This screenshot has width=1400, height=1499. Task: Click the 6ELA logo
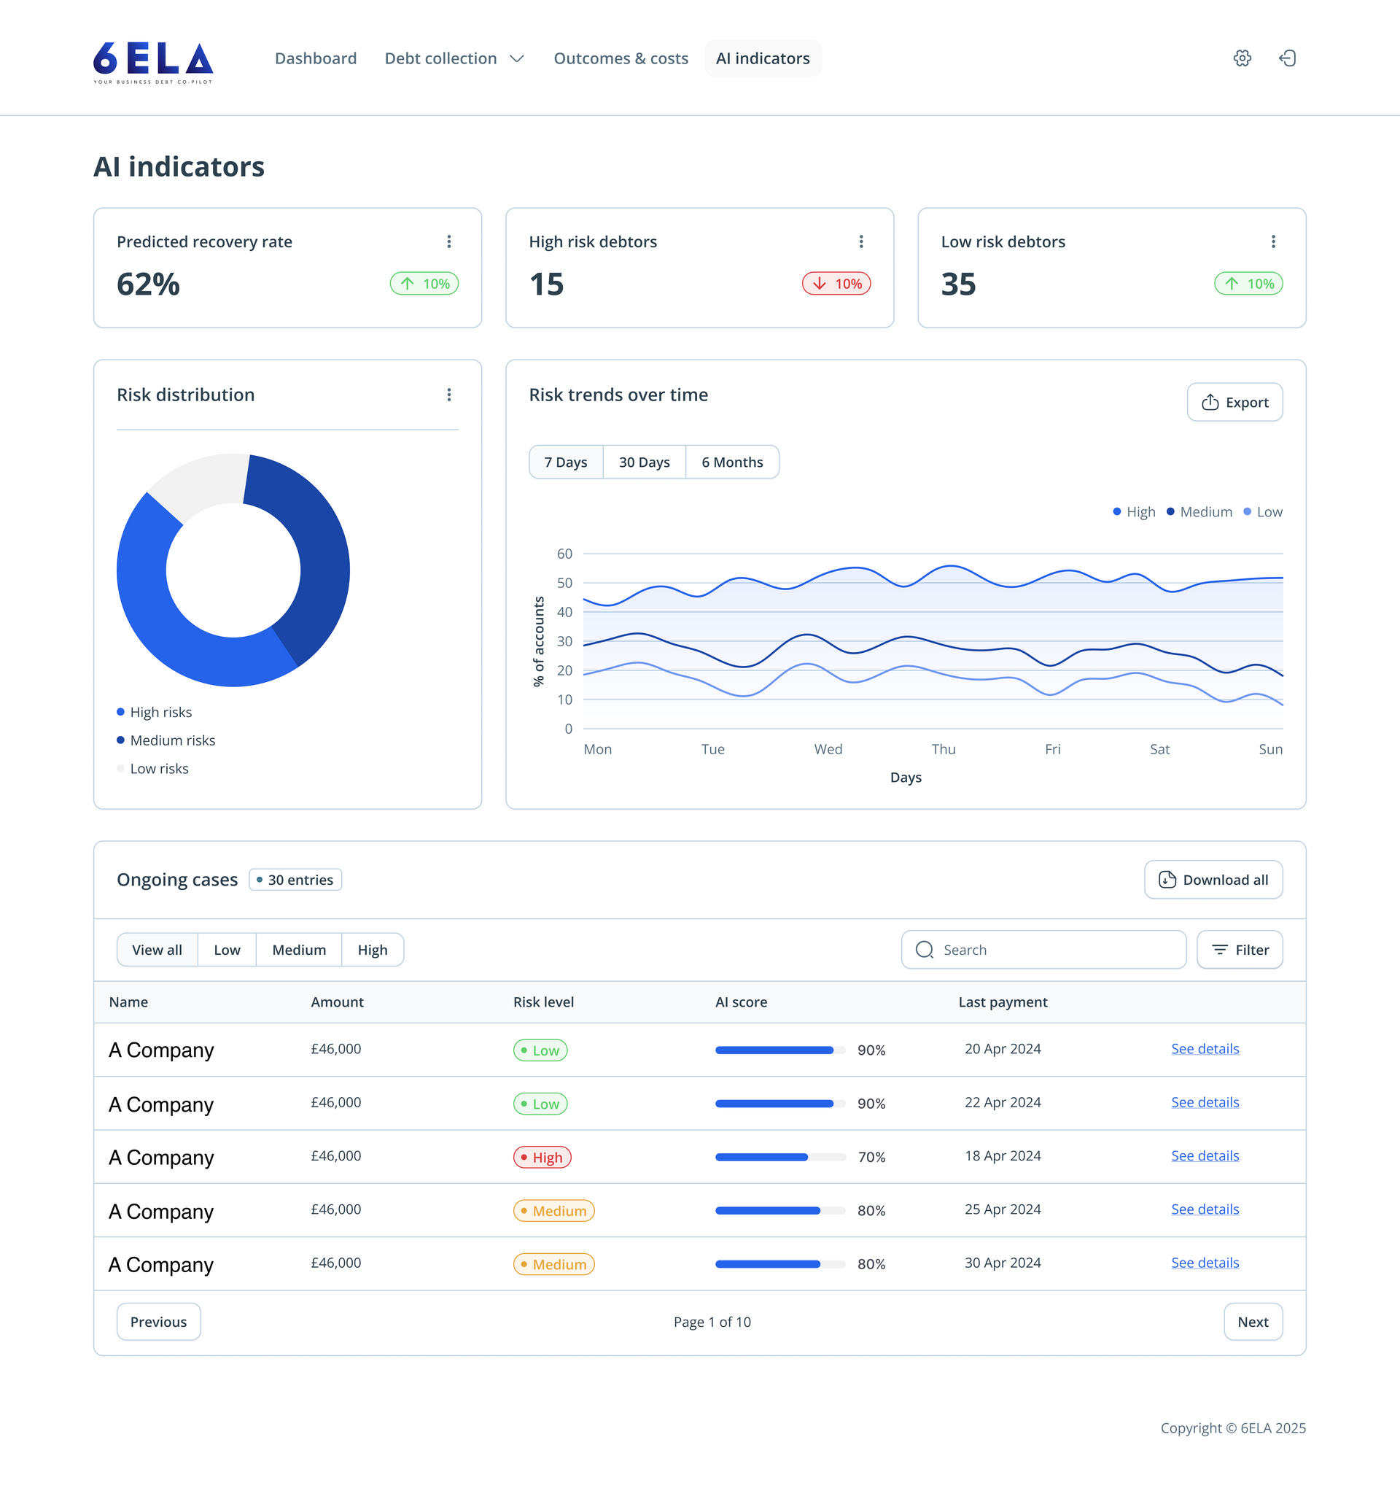[153, 61]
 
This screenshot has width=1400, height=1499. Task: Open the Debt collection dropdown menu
[454, 58]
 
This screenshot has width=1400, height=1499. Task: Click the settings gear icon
[1242, 58]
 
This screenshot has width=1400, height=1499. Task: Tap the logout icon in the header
[1288, 58]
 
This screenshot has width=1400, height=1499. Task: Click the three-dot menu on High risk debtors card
[861, 241]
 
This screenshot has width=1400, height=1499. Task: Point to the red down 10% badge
[836, 284]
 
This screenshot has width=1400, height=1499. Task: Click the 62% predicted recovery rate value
[149, 284]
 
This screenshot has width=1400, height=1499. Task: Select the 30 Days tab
[644, 462]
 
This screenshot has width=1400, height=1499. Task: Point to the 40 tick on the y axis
[564, 611]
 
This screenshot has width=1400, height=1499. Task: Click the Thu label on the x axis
[943, 748]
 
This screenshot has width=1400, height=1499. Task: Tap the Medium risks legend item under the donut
[172, 740]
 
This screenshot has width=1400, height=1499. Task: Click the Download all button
[1213, 880]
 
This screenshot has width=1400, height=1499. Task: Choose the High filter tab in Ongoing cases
[373, 950]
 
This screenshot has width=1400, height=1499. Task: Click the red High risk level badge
[542, 1158]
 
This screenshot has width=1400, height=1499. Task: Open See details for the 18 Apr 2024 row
[1205, 1156]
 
